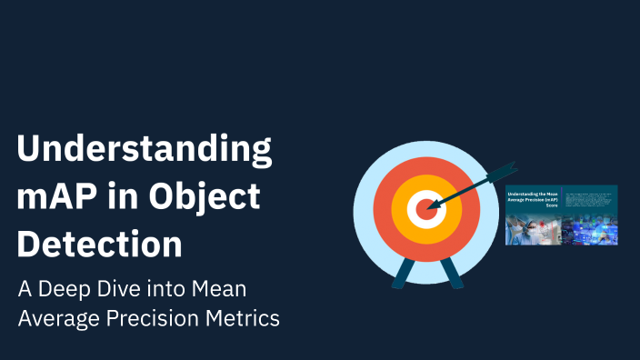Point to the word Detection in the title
(99, 244)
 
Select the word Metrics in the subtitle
(245, 319)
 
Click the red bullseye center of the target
(422, 210)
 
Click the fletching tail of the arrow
(502, 171)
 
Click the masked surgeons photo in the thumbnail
(533, 230)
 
